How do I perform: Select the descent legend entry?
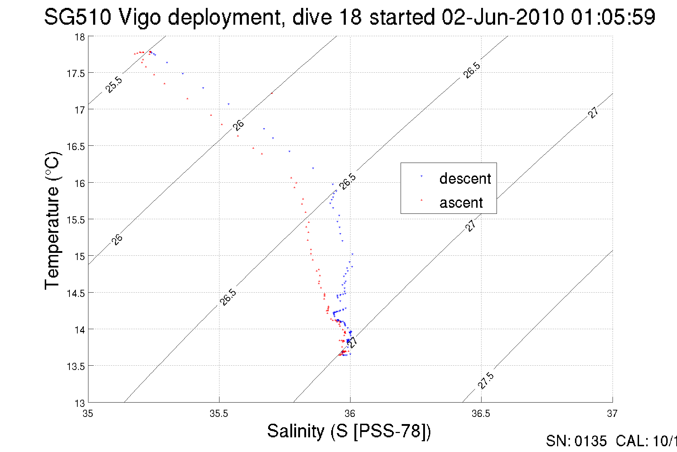tap(465, 178)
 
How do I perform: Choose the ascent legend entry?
tap(461, 203)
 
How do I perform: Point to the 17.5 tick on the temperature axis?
tap(76, 73)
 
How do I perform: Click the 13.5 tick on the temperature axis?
tap(76, 366)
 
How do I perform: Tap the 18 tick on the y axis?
tap(79, 37)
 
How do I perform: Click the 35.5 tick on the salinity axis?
tap(219, 414)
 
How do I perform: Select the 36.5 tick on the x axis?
tap(481, 414)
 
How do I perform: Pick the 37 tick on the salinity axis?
tap(612, 414)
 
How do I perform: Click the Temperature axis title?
tap(52, 220)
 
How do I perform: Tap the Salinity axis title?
tap(349, 431)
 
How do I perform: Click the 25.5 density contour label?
tap(114, 85)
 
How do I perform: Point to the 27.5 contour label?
tap(486, 380)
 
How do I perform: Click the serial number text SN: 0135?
tap(576, 441)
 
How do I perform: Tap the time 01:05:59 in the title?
tap(613, 17)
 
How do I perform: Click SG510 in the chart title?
tap(78, 17)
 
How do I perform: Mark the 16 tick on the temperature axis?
tap(79, 183)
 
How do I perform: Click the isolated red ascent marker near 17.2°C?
tap(272, 93)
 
